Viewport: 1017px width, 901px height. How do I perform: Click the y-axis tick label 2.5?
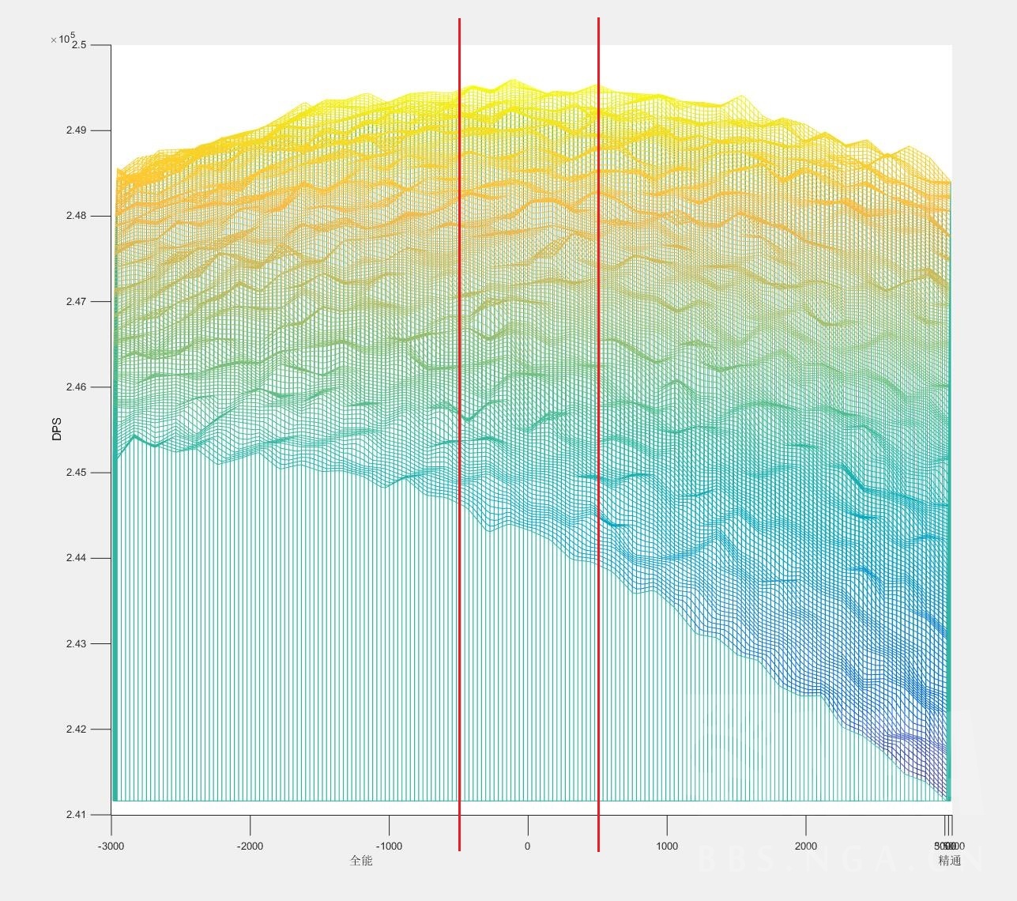pyautogui.click(x=79, y=45)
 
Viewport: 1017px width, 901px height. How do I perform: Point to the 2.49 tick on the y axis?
pyautogui.click(x=77, y=130)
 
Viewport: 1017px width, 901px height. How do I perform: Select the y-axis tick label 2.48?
pyautogui.click(x=77, y=216)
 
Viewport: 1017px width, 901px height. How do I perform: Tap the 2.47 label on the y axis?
pyautogui.click(x=77, y=301)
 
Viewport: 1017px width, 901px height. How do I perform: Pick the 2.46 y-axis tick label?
pyautogui.click(x=77, y=387)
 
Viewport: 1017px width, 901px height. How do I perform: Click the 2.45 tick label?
pyautogui.click(x=77, y=473)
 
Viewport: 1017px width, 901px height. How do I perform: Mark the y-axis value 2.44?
pyautogui.click(x=77, y=558)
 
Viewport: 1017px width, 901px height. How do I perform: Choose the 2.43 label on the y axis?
pyautogui.click(x=77, y=643)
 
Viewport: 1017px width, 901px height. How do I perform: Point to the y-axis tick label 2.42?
pyautogui.click(x=77, y=729)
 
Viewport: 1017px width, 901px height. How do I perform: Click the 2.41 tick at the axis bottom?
pyautogui.click(x=77, y=815)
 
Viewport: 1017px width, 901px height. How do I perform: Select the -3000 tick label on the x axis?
pyautogui.click(x=111, y=846)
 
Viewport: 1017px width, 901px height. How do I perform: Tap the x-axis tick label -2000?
pyautogui.click(x=250, y=846)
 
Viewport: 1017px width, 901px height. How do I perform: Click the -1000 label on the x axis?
pyautogui.click(x=389, y=846)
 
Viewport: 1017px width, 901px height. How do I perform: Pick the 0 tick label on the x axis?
pyautogui.click(x=528, y=846)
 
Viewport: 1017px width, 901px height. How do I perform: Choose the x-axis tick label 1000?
pyautogui.click(x=667, y=846)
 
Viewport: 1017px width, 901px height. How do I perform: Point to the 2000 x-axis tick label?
pyautogui.click(x=806, y=846)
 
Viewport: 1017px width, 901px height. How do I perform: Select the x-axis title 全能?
pyautogui.click(x=361, y=861)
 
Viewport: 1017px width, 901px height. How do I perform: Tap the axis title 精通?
pyautogui.click(x=950, y=861)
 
